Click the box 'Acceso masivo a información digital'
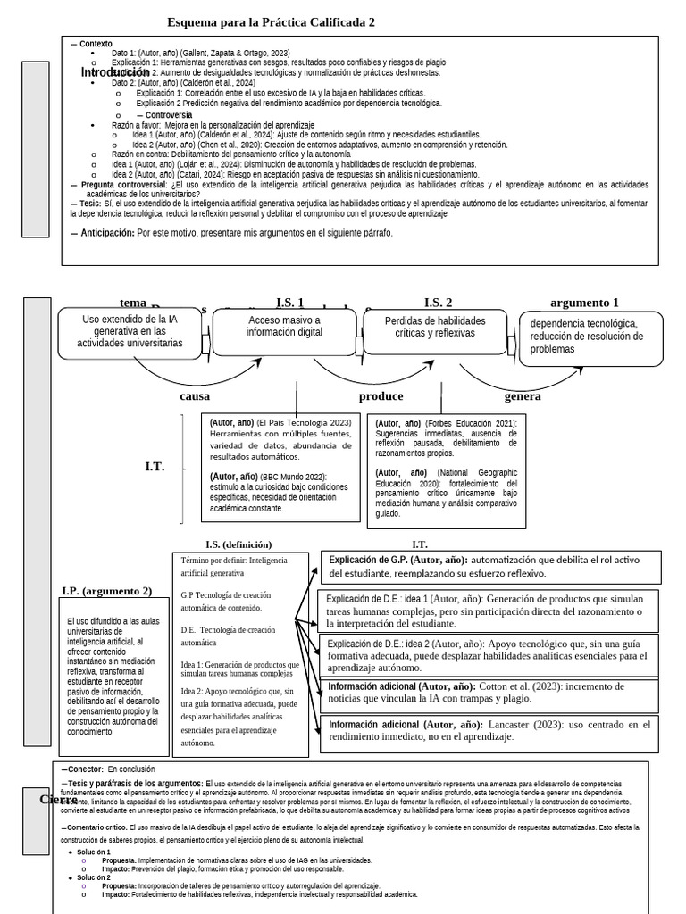pos(284,327)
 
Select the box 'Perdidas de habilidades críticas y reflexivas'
pos(435,327)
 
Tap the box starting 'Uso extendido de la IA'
pos(130,330)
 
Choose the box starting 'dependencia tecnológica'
pos(590,336)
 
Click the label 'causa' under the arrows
pos(195,396)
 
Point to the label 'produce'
pos(381,396)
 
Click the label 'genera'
pos(523,396)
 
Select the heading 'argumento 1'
pos(584,303)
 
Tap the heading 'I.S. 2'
pos(438,303)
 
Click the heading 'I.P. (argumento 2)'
pos(106,591)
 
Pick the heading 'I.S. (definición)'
pos(238,544)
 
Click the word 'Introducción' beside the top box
pos(115,72)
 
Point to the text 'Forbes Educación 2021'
pos(469,423)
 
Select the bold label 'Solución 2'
pos(94,877)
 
